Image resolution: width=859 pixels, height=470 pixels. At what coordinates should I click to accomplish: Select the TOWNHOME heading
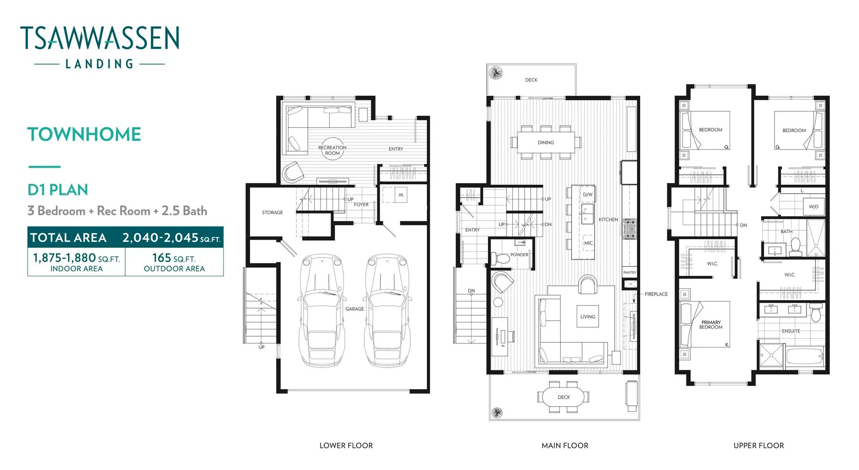click(84, 135)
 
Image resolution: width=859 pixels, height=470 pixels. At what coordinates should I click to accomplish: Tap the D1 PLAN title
click(58, 190)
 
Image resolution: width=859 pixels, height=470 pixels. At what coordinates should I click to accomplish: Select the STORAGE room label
click(272, 212)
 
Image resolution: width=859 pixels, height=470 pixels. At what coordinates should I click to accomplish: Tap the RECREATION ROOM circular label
click(332, 150)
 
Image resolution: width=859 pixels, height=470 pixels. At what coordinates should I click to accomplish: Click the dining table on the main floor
click(546, 142)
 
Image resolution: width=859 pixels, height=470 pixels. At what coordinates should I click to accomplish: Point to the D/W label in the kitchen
click(587, 195)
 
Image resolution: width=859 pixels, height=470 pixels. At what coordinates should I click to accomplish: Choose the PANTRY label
click(629, 272)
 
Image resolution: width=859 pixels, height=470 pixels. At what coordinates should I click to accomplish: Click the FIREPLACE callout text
click(656, 294)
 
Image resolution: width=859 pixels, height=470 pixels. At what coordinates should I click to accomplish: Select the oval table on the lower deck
click(563, 397)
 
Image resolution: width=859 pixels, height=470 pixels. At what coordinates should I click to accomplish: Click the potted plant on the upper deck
click(496, 73)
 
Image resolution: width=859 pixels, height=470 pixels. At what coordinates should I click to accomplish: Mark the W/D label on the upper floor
click(813, 207)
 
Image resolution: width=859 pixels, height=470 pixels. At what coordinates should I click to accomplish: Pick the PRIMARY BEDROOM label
click(711, 325)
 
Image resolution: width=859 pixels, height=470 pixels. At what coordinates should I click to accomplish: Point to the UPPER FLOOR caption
click(758, 445)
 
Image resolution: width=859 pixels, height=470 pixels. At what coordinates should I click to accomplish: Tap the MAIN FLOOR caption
click(565, 445)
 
